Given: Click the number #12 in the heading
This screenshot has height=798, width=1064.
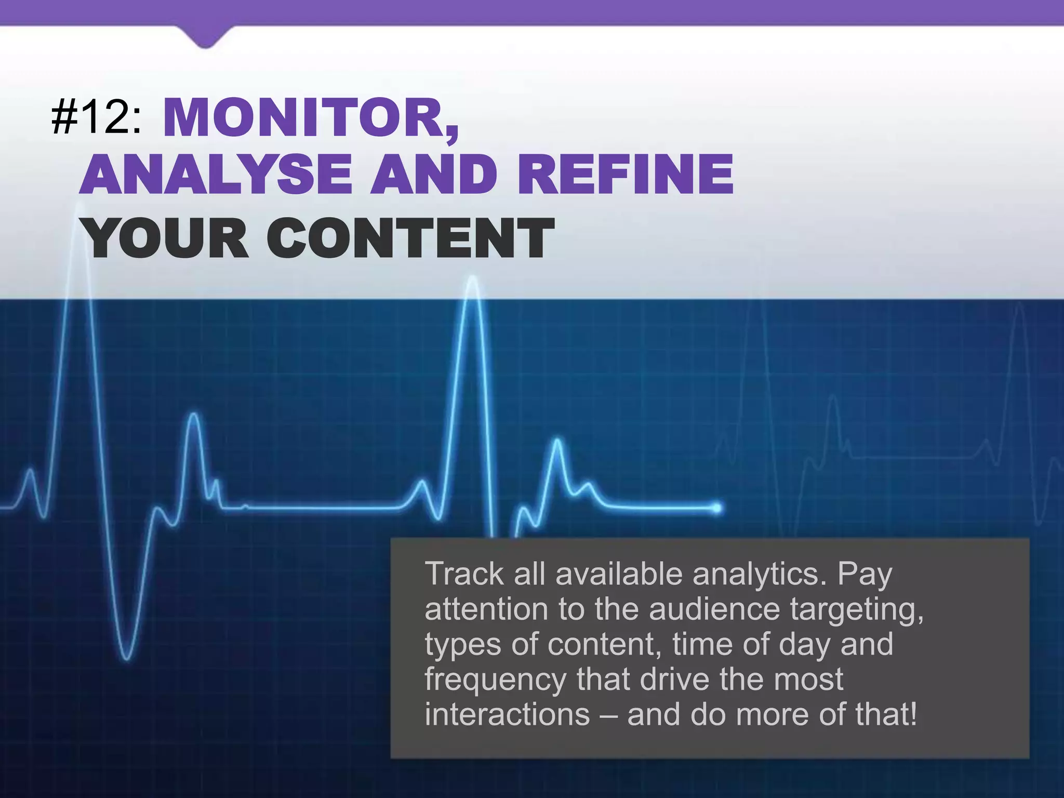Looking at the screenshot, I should (x=96, y=118).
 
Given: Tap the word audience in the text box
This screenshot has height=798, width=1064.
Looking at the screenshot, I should (x=714, y=609).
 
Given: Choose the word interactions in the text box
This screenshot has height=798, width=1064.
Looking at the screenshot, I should (x=507, y=714).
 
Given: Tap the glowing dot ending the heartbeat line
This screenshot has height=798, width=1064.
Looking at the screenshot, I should (x=717, y=507).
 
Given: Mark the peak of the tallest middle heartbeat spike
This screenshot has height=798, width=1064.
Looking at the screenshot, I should (x=472, y=280).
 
